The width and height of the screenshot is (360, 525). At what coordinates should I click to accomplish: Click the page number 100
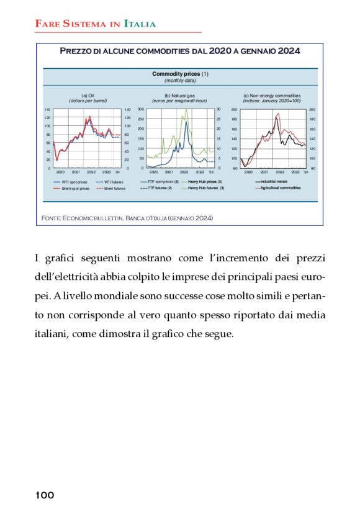(45, 495)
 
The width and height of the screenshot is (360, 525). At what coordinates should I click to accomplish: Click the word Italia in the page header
(140, 24)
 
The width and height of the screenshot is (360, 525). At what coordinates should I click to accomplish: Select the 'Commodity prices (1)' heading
(180, 74)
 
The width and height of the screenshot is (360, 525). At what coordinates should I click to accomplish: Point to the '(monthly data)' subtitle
(180, 81)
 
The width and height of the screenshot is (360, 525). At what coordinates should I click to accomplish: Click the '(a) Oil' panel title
(88, 94)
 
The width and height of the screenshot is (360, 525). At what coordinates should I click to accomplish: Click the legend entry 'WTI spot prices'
(74, 182)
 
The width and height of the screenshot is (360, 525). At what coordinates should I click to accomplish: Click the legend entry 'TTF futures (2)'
(160, 187)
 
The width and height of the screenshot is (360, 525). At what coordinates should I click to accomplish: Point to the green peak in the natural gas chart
(186, 110)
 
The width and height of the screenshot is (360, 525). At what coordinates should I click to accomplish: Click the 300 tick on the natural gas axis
(140, 109)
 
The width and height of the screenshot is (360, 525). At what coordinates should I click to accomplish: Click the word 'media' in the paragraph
(310, 315)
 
